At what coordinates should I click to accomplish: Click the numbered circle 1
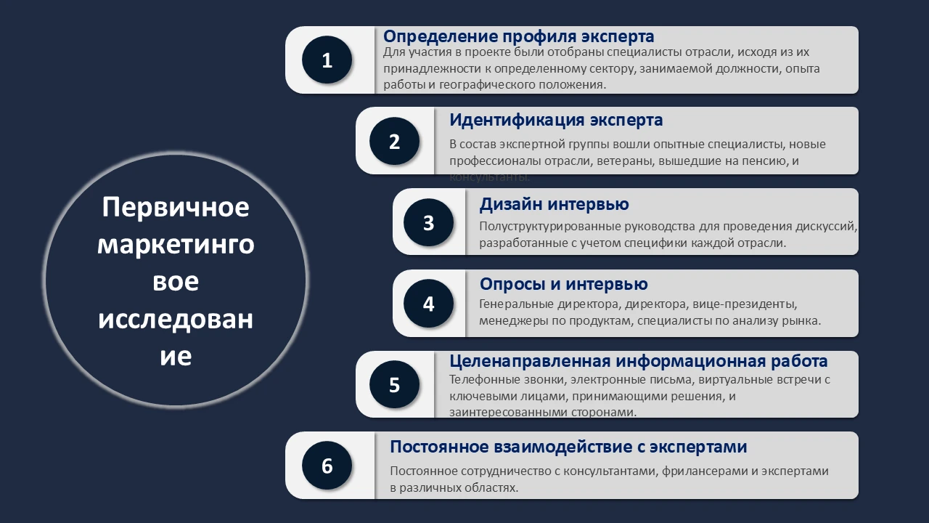pyautogui.click(x=327, y=60)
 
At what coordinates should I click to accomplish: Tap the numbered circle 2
pyautogui.click(x=394, y=142)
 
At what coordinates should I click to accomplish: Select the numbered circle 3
pyautogui.click(x=428, y=223)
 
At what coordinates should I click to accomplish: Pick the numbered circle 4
pyautogui.click(x=428, y=304)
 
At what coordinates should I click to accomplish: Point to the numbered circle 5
pyautogui.click(x=394, y=385)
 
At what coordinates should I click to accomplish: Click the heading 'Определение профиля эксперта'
pyautogui.click(x=518, y=36)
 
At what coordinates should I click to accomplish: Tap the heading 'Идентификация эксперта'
pyautogui.click(x=556, y=120)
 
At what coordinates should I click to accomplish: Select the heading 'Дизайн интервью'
pyautogui.click(x=554, y=205)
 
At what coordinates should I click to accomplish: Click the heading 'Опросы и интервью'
pyautogui.click(x=563, y=284)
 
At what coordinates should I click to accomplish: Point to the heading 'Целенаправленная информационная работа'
pyautogui.click(x=638, y=361)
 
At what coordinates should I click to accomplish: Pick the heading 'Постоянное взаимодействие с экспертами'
pyautogui.click(x=568, y=447)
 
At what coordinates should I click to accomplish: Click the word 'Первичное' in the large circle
pyautogui.click(x=176, y=208)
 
